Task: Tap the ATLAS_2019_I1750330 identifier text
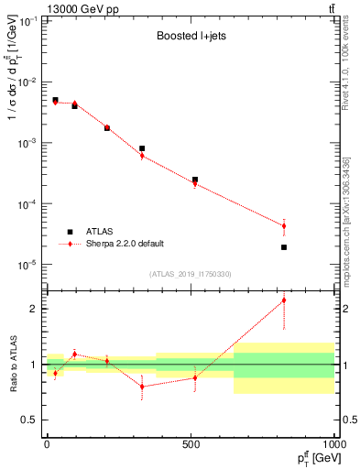(x=190, y=274)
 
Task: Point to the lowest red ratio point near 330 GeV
(x=142, y=387)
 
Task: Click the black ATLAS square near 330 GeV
(x=142, y=148)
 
